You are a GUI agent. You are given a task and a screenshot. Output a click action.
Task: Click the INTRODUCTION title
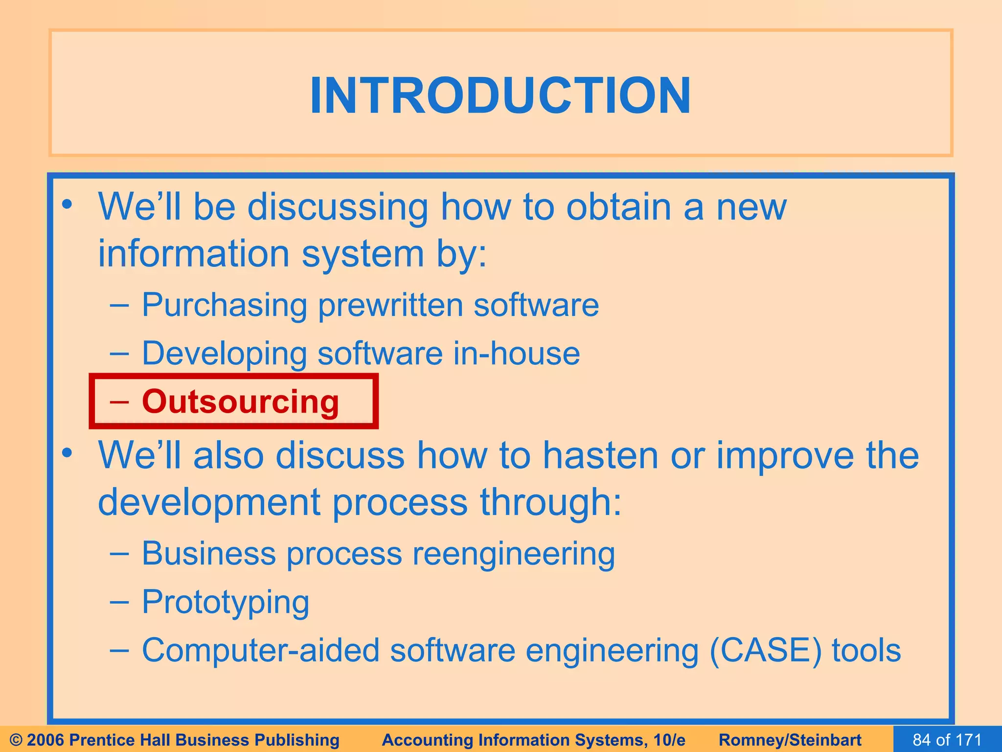[501, 95]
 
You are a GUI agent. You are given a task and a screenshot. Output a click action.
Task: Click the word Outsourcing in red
[240, 401]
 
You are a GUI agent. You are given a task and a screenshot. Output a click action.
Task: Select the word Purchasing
[224, 305]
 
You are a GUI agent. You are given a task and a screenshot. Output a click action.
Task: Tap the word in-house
[516, 353]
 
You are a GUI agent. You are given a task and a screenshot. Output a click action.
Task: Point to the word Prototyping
[226, 602]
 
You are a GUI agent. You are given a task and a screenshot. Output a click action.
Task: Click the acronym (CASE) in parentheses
[765, 651]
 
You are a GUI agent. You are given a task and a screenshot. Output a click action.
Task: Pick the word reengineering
[513, 554]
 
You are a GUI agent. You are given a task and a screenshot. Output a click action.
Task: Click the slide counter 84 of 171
[947, 740]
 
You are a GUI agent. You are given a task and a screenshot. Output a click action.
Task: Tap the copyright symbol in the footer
[16, 740]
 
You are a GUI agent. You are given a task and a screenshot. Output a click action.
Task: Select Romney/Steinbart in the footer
[790, 740]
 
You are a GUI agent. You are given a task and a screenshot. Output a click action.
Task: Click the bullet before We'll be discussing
[68, 205]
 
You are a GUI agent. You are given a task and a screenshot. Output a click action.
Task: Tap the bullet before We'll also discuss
[68, 453]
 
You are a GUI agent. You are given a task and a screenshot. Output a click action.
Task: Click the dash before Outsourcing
[120, 401]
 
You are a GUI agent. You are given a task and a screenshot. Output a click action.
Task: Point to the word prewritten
[390, 305]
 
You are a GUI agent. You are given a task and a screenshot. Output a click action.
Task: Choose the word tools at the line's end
[866, 651]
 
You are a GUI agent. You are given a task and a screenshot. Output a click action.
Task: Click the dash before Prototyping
[120, 602]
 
